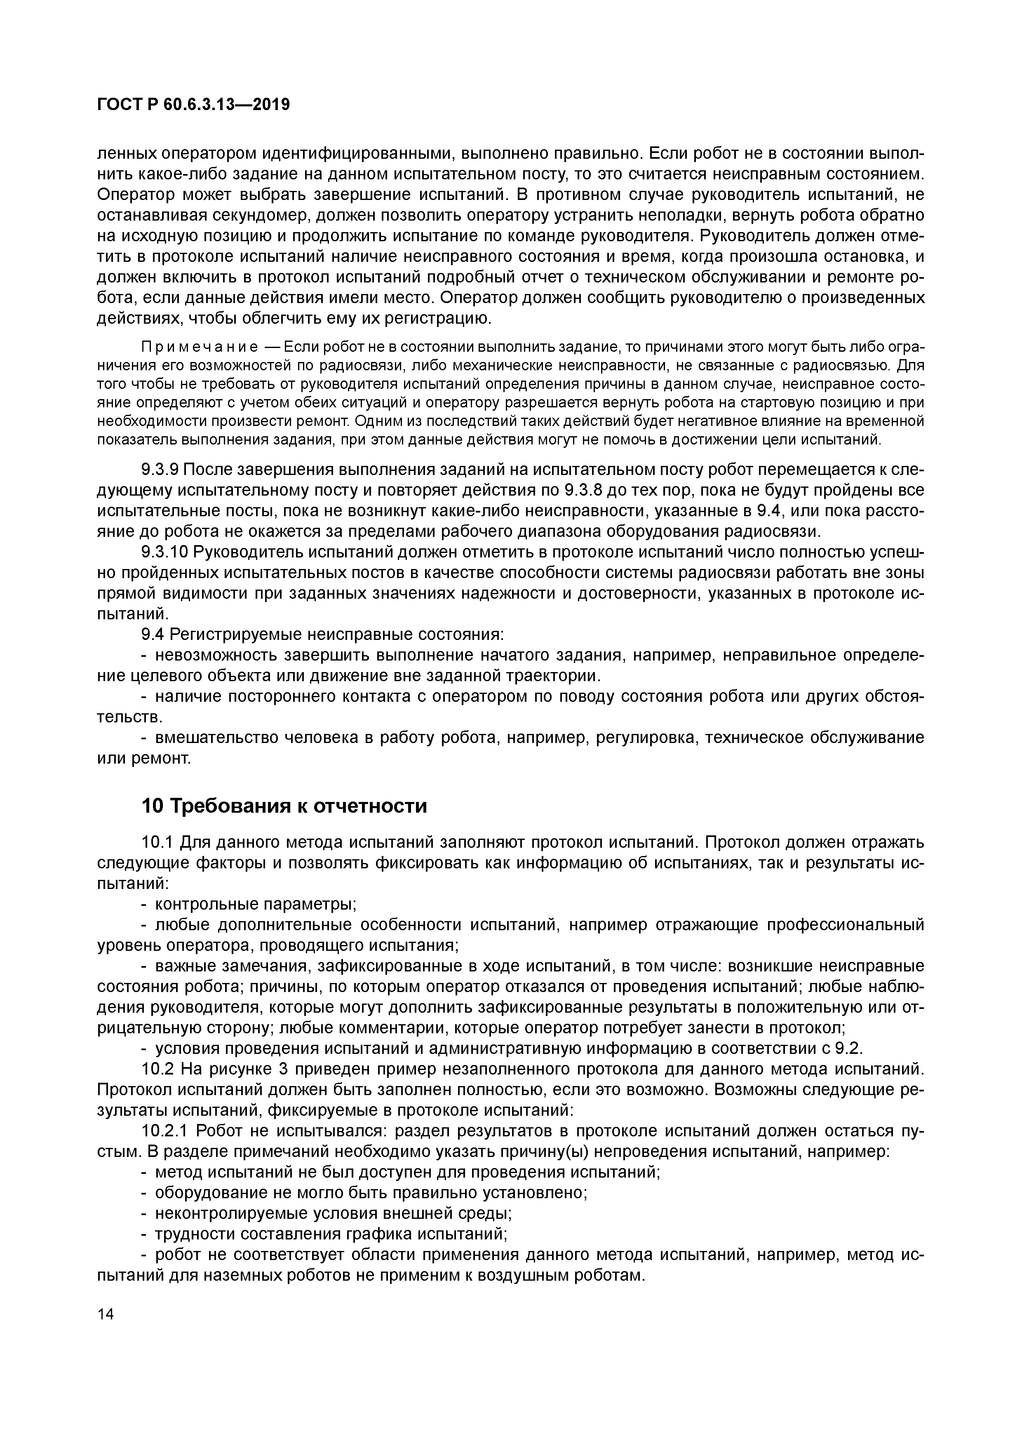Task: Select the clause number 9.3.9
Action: [160, 470]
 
